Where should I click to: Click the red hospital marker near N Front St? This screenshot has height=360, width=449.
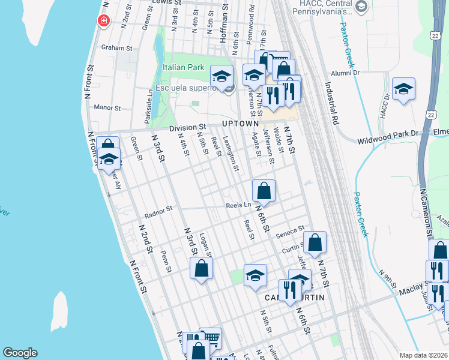[x=104, y=21]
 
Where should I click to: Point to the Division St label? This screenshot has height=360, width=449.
[x=187, y=127]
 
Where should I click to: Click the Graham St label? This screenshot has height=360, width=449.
[x=116, y=47]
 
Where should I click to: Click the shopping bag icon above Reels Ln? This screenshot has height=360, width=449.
[x=264, y=191]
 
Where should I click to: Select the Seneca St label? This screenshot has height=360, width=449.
[x=291, y=233]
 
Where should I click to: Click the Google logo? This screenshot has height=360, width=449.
[x=20, y=353]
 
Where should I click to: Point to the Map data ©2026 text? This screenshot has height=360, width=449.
[x=423, y=355]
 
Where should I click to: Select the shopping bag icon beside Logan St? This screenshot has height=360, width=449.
[x=201, y=268]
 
